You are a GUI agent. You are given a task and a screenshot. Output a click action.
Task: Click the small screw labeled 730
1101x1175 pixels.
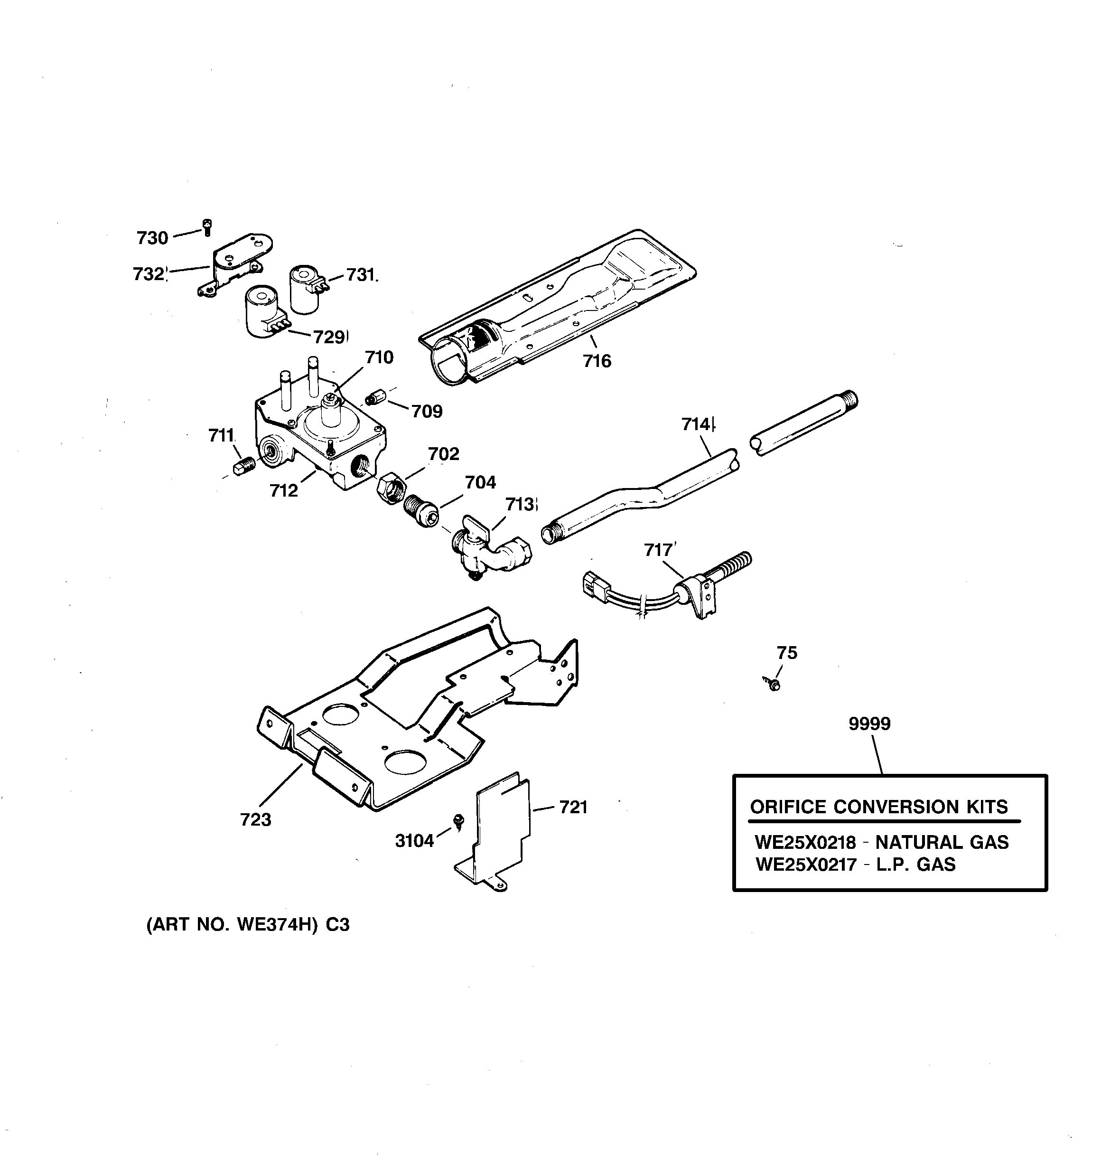click(x=207, y=227)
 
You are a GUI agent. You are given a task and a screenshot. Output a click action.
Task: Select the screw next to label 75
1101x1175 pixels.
click(x=773, y=684)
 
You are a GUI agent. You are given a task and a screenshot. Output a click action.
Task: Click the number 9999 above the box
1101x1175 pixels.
click(x=869, y=724)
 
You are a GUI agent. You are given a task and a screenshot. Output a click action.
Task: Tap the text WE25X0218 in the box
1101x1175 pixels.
click(x=805, y=842)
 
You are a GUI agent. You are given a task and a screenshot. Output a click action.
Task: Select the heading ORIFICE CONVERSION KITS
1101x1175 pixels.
click(x=879, y=807)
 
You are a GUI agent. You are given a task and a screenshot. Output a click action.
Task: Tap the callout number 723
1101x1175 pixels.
click(x=255, y=820)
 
